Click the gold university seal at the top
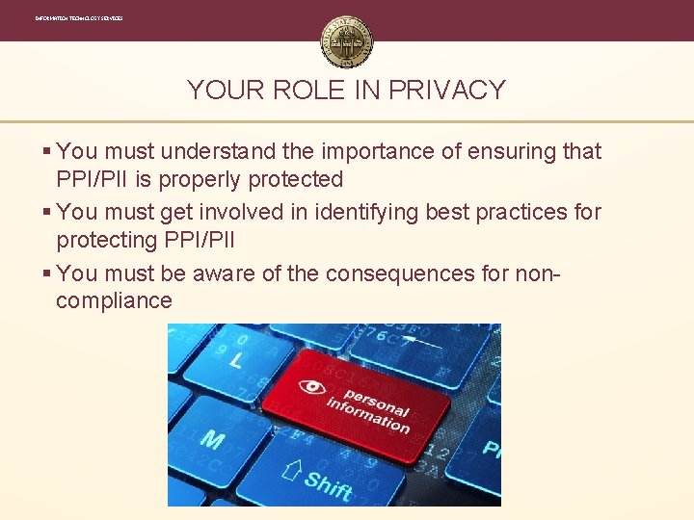347,41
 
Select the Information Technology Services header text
79,18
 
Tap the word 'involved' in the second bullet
257,212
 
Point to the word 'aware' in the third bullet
225,273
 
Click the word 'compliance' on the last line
114,300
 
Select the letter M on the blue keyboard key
212,440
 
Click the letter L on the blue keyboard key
236,360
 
